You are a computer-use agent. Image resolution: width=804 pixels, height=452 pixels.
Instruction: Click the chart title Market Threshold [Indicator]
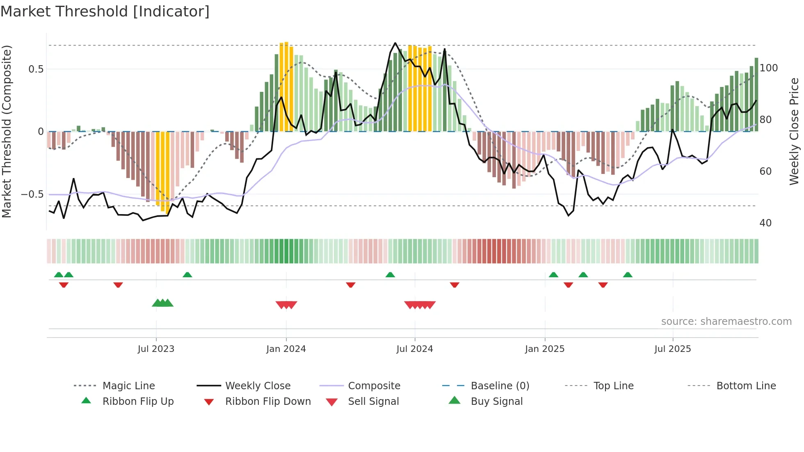pos(105,11)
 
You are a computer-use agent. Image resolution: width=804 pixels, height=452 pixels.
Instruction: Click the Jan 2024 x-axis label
pos(286,349)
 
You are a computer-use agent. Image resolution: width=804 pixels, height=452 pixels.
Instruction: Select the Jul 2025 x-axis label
pos(672,349)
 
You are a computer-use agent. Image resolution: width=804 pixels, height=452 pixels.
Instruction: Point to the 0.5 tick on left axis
pos(36,69)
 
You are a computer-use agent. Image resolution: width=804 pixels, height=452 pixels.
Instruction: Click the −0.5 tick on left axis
pos(32,194)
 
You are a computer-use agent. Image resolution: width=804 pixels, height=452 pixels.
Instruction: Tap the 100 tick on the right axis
pos(768,68)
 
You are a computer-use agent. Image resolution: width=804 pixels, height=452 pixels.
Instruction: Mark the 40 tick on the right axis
pos(765,223)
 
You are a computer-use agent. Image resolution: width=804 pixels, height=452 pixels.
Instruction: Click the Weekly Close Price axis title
pos(794,131)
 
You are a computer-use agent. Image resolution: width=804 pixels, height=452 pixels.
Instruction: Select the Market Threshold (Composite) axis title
pos(7,131)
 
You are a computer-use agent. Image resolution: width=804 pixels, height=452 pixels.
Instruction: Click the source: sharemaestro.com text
pos(726,322)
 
